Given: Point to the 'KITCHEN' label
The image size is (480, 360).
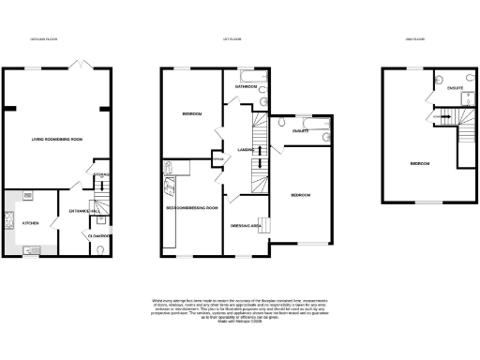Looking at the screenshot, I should [29, 224].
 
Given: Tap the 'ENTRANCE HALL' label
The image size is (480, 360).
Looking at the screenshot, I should [77, 213].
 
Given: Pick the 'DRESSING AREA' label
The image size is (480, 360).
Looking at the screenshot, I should [246, 225].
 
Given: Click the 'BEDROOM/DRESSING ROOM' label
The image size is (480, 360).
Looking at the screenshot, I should [191, 207].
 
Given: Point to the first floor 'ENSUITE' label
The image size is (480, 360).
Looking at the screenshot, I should [302, 132].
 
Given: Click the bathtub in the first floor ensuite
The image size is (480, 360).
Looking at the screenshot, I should [303, 121].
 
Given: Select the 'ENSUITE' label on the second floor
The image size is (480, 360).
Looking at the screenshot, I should [456, 88].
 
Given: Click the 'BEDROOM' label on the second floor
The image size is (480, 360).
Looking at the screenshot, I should [419, 163].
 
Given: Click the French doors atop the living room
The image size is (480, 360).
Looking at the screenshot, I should [82, 65].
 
